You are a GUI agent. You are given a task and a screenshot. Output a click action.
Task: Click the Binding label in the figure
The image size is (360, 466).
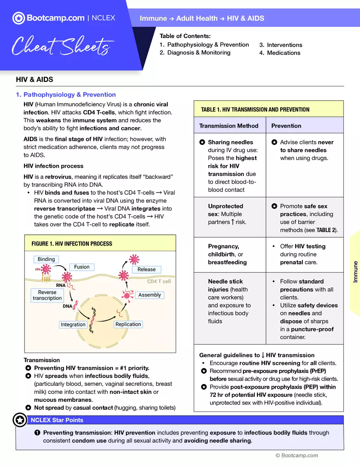(x=46, y=259)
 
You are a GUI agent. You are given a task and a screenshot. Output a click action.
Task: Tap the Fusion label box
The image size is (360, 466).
(x=82, y=267)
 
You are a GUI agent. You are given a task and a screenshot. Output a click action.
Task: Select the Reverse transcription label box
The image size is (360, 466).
(x=47, y=295)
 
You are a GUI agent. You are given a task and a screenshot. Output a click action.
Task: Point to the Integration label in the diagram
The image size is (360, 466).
(x=73, y=324)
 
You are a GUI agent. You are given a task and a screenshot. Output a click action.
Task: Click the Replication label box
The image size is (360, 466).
(x=128, y=324)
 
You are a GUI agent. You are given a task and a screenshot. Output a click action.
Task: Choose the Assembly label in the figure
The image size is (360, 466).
(x=149, y=295)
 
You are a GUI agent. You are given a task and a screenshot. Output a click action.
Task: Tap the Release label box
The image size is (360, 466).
(x=146, y=270)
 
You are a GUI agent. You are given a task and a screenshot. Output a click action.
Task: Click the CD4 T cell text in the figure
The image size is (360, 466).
(x=159, y=281)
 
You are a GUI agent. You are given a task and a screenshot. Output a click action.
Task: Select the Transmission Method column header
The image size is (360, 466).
(x=229, y=126)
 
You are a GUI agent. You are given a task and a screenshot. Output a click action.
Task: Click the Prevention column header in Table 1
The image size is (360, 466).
(x=286, y=126)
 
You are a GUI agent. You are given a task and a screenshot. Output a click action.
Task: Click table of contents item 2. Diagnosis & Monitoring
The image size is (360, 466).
(x=195, y=53)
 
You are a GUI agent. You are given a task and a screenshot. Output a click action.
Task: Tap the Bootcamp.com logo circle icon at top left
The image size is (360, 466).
(x=18, y=18)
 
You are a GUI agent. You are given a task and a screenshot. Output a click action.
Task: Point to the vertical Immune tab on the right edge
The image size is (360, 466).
(x=355, y=272)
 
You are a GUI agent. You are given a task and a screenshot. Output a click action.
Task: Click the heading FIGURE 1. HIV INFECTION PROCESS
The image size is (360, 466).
(x=72, y=244)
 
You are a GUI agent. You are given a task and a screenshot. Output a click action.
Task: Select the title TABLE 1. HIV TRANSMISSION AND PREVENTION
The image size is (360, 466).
(x=255, y=110)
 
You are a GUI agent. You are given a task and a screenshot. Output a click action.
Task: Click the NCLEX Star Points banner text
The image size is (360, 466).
(x=57, y=420)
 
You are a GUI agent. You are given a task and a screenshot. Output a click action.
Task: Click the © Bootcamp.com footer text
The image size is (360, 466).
(x=296, y=455)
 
